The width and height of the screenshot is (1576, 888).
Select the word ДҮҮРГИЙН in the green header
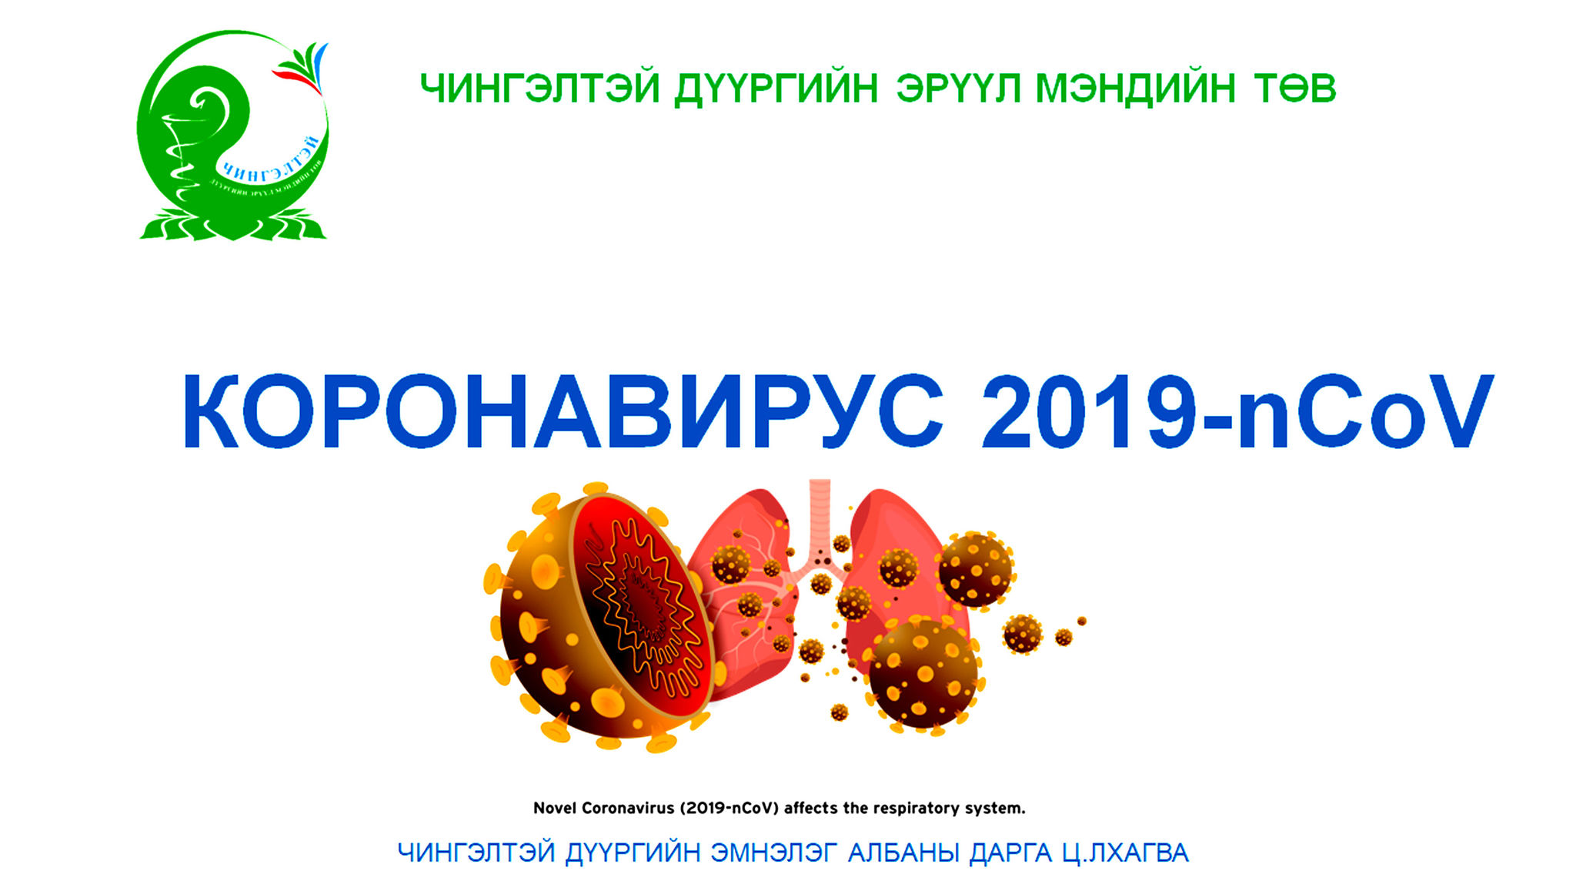click(x=776, y=89)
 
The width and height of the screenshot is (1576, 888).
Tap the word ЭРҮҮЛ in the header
click(x=958, y=89)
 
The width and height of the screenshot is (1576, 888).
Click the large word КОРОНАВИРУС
click(x=562, y=412)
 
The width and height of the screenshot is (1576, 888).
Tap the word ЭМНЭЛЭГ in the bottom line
click(x=773, y=853)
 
